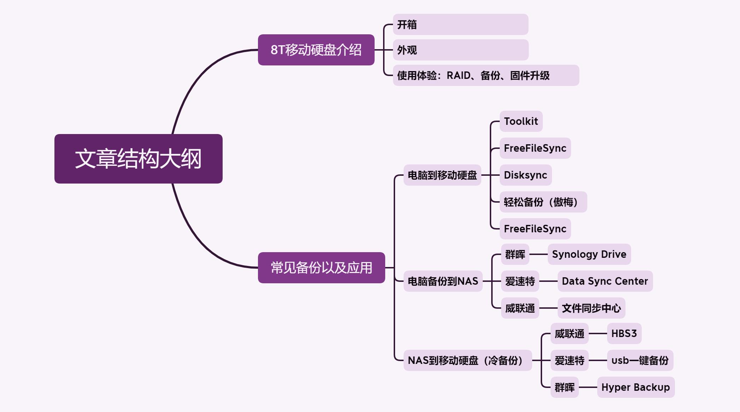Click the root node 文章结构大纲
point(138,159)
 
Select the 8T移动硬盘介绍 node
point(316,50)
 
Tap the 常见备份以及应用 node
point(321,268)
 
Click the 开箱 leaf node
point(460,24)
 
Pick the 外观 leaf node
point(460,50)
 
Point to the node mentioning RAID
point(486,75)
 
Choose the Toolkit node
point(521,121)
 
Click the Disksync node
point(525,175)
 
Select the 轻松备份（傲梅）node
point(543,202)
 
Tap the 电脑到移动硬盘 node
point(442,175)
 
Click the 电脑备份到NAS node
point(443,281)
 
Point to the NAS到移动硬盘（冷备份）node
point(467,360)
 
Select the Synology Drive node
point(589,254)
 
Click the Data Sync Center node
point(605,281)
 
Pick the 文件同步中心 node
point(591,308)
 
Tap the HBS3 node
point(624,333)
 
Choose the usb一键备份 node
point(640,360)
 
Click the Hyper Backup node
point(635,387)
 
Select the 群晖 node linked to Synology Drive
point(515,254)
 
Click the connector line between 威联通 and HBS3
point(598,333)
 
